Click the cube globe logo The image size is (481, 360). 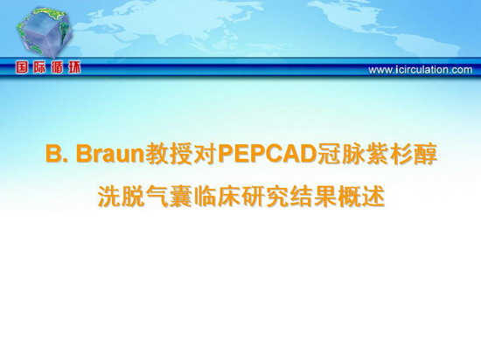pyautogui.click(x=45, y=31)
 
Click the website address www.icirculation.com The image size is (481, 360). pyautogui.click(x=421, y=70)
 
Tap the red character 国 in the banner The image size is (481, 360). pyautogui.click(x=22, y=67)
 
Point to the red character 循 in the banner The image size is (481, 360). pyautogui.click(x=57, y=67)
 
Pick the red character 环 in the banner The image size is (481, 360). pyautogui.click(x=74, y=67)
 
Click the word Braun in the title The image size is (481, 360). pyautogui.click(x=110, y=154)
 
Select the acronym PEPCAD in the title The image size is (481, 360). pyautogui.click(x=267, y=154)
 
